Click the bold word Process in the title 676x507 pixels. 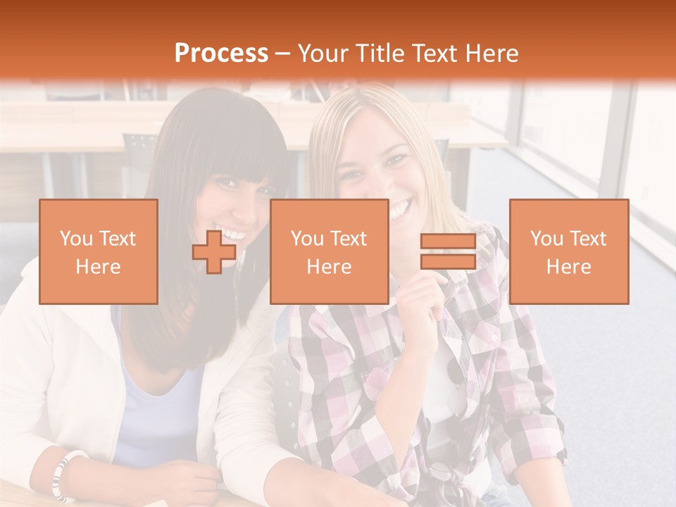coord(221,54)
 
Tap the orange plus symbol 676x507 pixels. coord(214,252)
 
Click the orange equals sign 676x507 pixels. coord(448,252)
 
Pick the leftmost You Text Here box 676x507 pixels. coord(98,252)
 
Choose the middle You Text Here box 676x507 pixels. coord(329,252)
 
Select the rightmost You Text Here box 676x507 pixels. coord(568,252)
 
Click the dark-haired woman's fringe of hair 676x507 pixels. coord(232,151)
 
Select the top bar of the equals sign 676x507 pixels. coord(448,242)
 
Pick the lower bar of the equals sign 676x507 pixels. coord(448,261)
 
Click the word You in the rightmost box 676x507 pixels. coord(546,239)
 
